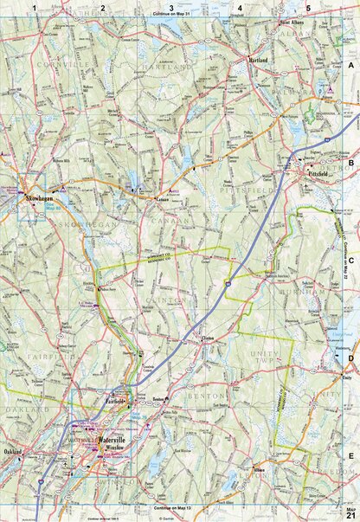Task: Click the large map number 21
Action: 350,516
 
